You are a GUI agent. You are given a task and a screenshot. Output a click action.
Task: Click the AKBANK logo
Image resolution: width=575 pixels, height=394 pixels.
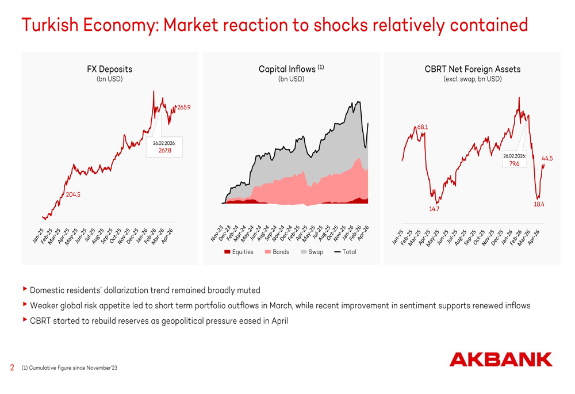(500, 359)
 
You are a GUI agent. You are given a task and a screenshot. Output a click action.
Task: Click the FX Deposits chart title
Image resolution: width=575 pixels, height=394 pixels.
(109, 69)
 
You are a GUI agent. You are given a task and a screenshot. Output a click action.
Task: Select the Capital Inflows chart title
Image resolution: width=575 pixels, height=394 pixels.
(291, 69)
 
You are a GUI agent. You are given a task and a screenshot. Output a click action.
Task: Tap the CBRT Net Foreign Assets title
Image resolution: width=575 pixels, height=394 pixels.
(472, 69)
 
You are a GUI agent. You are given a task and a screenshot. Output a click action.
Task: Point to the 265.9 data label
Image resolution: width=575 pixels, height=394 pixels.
(184, 108)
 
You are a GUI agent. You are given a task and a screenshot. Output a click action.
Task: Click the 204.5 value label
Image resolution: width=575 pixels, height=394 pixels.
(73, 195)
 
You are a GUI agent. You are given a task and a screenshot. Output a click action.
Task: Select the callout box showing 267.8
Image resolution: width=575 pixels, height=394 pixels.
(164, 147)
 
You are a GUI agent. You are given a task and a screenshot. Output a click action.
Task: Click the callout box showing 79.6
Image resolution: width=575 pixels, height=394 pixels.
(514, 160)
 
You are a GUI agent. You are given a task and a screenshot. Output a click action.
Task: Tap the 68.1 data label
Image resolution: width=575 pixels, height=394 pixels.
(423, 127)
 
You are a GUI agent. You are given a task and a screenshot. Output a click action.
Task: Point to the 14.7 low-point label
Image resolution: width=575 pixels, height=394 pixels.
(434, 209)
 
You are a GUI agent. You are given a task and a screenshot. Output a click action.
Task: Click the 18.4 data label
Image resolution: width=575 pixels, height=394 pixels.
(539, 204)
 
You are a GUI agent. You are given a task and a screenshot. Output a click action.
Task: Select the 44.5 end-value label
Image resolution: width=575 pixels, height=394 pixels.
(547, 159)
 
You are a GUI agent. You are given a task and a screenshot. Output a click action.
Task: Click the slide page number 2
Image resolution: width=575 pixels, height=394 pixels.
(12, 368)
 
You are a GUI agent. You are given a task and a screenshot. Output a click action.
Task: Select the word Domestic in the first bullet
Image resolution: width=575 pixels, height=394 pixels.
(47, 290)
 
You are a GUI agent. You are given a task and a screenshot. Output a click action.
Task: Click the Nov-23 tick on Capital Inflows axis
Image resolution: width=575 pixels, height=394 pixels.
(216, 234)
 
